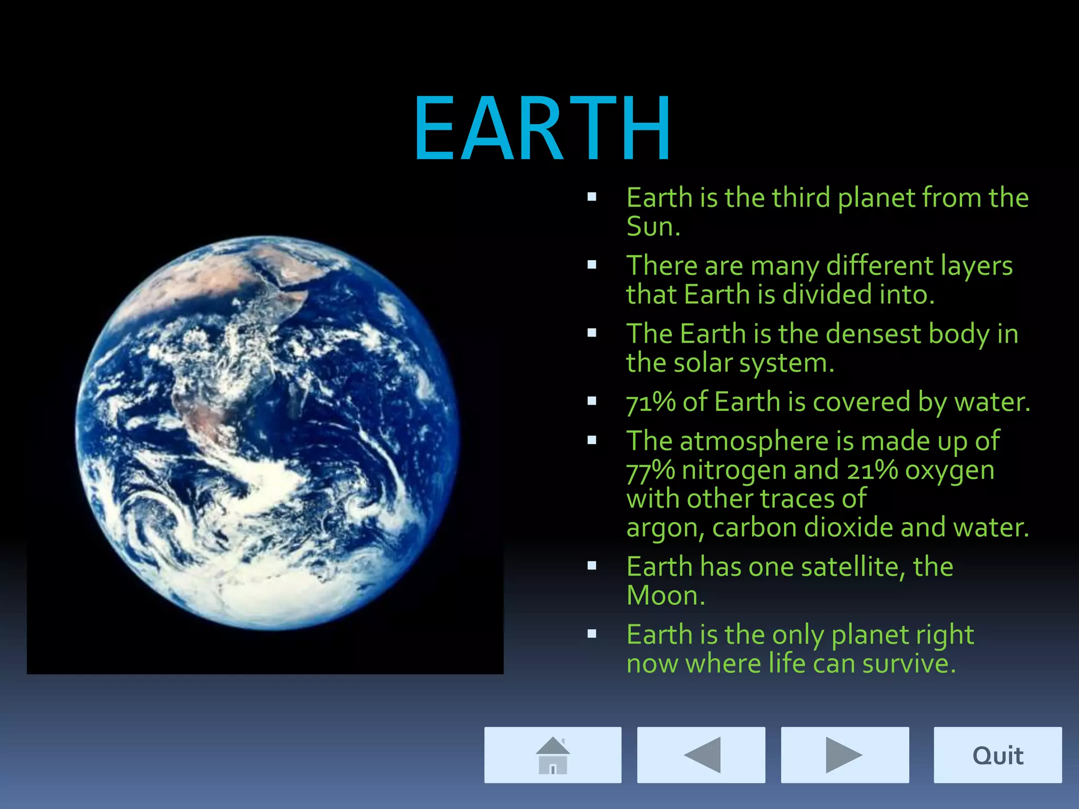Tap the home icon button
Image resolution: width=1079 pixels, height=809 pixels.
(553, 755)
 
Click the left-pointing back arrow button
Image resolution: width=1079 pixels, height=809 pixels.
(701, 755)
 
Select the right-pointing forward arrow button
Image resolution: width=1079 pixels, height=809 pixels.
(845, 755)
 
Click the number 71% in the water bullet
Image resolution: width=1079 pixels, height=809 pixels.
(651, 402)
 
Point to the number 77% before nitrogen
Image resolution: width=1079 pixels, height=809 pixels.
(651, 470)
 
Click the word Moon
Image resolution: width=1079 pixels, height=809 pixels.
(665, 596)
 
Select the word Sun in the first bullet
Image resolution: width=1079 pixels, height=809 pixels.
(653, 226)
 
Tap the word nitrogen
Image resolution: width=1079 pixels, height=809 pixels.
(734, 470)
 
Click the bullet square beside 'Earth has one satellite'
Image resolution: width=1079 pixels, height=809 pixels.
(592, 566)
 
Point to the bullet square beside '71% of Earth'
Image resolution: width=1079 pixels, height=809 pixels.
(592, 401)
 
